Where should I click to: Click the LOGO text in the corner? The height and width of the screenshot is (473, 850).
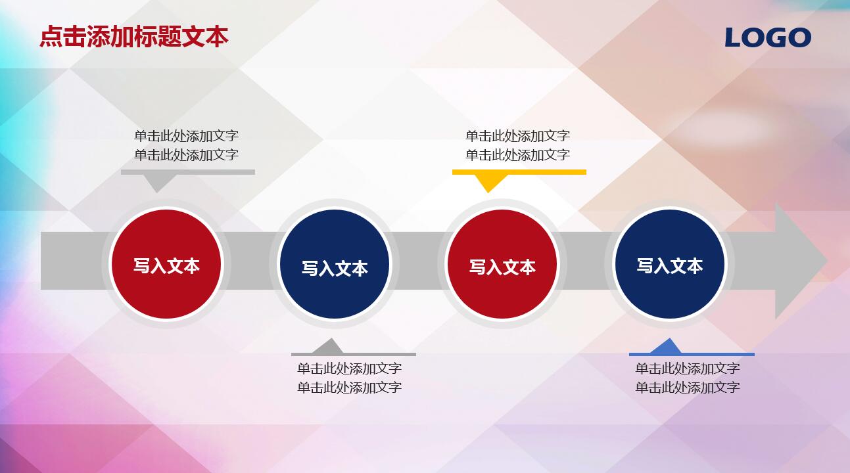pos(768,37)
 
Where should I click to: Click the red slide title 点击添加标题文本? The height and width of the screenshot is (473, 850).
pos(134,36)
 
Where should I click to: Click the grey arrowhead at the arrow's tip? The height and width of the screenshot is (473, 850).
pos(799,261)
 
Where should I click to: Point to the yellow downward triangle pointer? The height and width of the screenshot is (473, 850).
pos(488,182)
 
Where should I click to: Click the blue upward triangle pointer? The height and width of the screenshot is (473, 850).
pos(669,346)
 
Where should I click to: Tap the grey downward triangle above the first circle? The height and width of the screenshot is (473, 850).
pos(156,183)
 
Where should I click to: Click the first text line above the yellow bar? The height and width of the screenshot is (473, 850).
pos(517,136)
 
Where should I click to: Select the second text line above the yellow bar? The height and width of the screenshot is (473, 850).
pos(517,155)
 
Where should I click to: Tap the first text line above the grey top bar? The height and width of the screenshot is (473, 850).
pos(186,136)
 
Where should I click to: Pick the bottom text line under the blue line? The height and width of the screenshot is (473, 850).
pos(687,388)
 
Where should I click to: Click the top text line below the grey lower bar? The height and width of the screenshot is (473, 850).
pos(349,369)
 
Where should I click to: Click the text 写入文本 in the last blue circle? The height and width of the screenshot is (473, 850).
pos(669,265)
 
